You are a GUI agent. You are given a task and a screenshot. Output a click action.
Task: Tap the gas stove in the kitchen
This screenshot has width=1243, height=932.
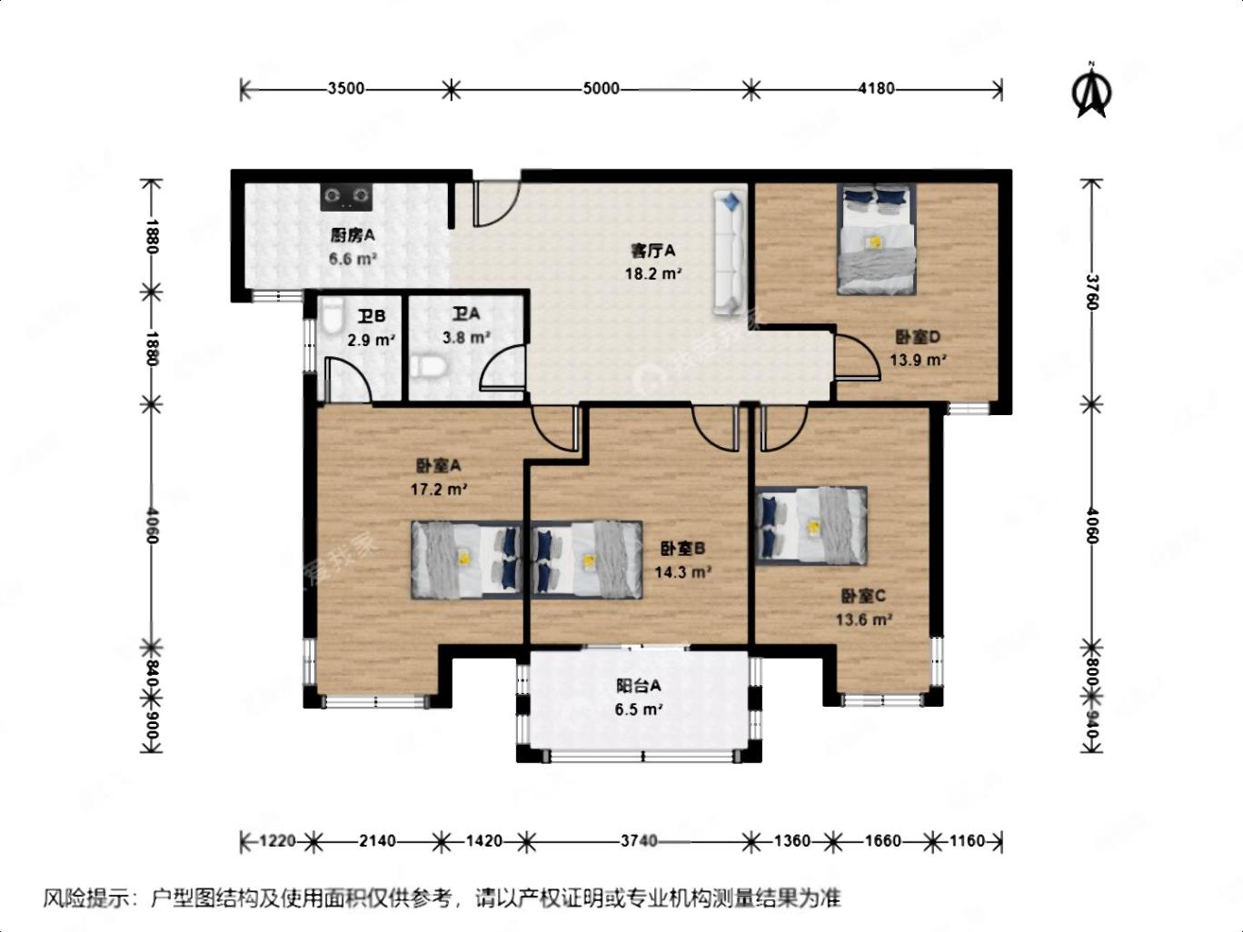[346, 197]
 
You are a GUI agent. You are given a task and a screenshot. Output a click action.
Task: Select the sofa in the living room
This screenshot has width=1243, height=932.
[729, 253]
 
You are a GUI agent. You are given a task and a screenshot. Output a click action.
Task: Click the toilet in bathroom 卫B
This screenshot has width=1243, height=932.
[332, 318]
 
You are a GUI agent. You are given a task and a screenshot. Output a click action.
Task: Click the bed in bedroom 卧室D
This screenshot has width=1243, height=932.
[877, 240]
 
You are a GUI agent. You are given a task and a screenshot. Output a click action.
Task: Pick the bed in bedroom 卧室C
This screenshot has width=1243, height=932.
[811, 526]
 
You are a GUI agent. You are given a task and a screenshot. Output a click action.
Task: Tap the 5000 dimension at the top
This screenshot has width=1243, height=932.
[601, 89]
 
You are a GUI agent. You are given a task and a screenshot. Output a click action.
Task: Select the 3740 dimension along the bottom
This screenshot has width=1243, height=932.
[639, 841]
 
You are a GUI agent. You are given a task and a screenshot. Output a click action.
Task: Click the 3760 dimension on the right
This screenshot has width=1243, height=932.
[1092, 292]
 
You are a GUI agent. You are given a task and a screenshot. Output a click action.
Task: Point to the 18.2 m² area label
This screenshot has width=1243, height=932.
[653, 274]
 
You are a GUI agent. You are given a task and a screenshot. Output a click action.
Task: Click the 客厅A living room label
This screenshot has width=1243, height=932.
[653, 250]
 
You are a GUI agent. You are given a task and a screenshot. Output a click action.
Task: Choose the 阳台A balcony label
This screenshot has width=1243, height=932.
[639, 686]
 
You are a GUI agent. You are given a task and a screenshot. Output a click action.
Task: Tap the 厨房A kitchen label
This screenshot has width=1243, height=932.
[353, 235]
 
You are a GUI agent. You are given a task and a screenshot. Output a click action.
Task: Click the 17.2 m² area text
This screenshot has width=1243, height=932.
[439, 489]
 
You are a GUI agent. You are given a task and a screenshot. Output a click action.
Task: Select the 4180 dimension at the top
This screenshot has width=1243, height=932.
[876, 89]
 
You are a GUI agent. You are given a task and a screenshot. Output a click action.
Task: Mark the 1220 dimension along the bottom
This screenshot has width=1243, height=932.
[277, 841]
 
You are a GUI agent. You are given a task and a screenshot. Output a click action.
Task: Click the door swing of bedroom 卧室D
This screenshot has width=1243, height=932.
[858, 357]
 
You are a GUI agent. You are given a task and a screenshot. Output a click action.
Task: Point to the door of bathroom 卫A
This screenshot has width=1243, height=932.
[502, 368]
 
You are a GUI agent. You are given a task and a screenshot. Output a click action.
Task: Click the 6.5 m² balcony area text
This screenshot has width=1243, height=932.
[639, 709]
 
